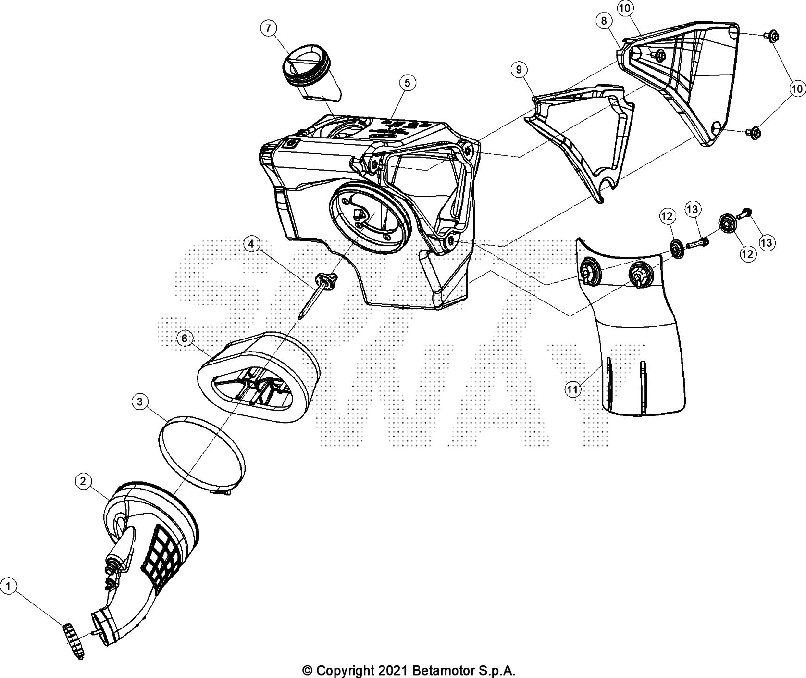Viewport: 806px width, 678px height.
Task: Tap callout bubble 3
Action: (139, 402)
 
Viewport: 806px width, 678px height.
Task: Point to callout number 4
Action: (251, 244)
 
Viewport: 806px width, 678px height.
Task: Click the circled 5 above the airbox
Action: (407, 83)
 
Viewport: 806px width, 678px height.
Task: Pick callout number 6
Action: (185, 338)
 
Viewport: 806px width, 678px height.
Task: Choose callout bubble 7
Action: (268, 28)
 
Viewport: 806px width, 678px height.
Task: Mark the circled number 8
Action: (604, 21)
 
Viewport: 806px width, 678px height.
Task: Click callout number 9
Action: (519, 70)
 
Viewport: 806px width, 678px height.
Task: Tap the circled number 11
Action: (572, 389)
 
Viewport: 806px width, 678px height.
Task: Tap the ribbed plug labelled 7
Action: (308, 72)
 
